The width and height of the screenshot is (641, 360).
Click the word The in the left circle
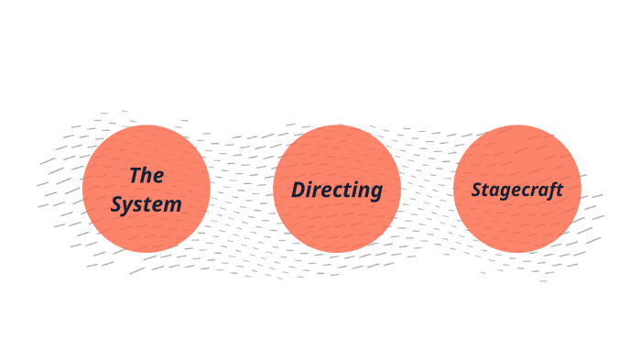146,175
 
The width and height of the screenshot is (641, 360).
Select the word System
146,204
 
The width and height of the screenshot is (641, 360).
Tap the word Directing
337,190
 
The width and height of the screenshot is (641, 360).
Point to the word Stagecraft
516,190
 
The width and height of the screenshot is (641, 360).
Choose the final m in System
172,204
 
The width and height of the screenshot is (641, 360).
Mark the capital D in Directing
299,190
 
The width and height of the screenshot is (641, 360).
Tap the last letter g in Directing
375,192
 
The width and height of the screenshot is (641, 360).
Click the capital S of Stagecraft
477,190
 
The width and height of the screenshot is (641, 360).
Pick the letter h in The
147,175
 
